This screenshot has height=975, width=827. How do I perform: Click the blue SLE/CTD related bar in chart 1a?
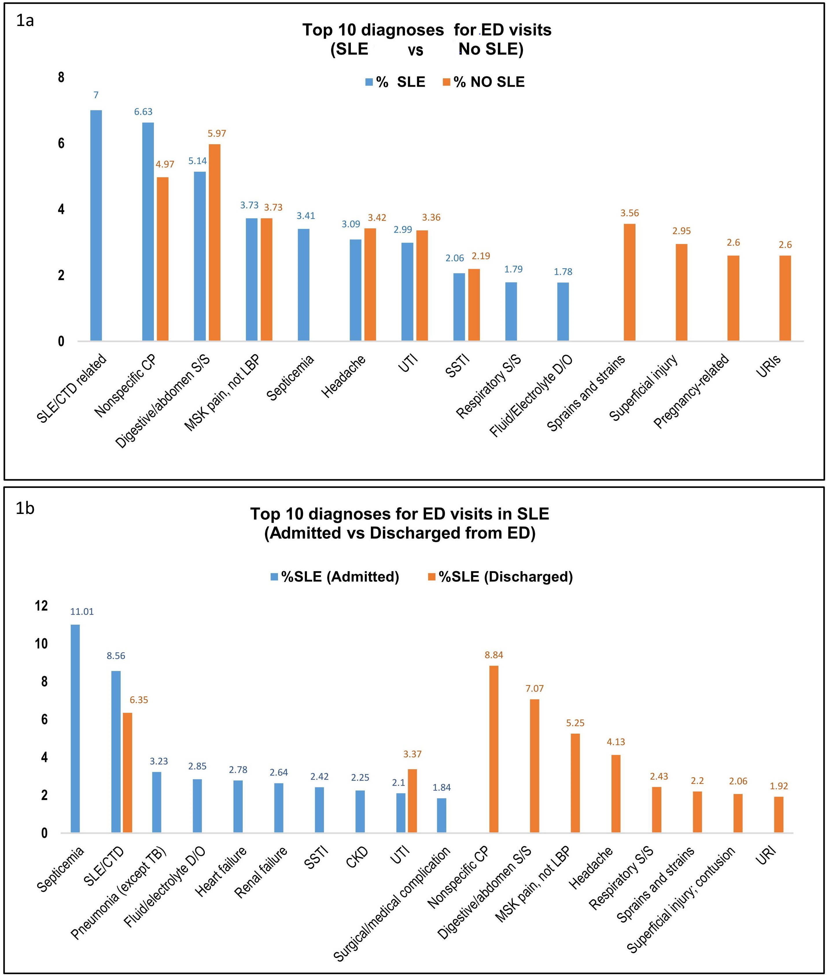point(96,225)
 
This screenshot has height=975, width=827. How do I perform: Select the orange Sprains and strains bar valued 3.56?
point(630,282)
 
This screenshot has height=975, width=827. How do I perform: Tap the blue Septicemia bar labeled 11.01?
point(75,728)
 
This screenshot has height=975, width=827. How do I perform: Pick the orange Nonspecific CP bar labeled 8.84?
point(494,749)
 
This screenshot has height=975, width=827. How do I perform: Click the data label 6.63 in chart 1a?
point(143,112)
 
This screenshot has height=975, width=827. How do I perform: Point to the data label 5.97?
point(217,134)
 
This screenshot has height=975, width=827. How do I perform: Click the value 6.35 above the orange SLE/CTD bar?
point(139,700)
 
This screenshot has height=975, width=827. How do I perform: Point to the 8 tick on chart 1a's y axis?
point(61,77)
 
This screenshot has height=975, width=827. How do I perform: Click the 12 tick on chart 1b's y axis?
point(41,606)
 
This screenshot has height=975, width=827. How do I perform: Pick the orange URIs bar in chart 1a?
point(785,298)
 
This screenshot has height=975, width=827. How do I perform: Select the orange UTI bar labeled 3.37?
point(412,801)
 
